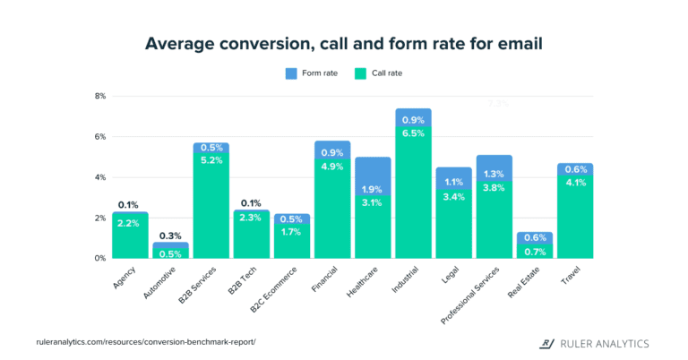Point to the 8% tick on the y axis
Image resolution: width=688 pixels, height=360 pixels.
coord(99,96)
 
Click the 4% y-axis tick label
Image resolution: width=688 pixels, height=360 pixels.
coord(99,177)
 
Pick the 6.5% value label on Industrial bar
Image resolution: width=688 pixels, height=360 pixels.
coord(413,133)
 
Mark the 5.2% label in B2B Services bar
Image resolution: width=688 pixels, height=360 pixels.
coord(211,160)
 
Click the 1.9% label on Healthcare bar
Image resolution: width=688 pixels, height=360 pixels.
coord(373,189)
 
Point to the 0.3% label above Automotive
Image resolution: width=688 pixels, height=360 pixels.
coord(170,235)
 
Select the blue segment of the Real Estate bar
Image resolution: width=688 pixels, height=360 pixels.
coord(534,237)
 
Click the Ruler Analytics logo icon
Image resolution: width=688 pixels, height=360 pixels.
coord(545,343)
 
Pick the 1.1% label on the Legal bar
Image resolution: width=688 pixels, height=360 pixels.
coord(453,183)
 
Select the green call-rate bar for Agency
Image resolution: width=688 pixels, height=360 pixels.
coord(130,237)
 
